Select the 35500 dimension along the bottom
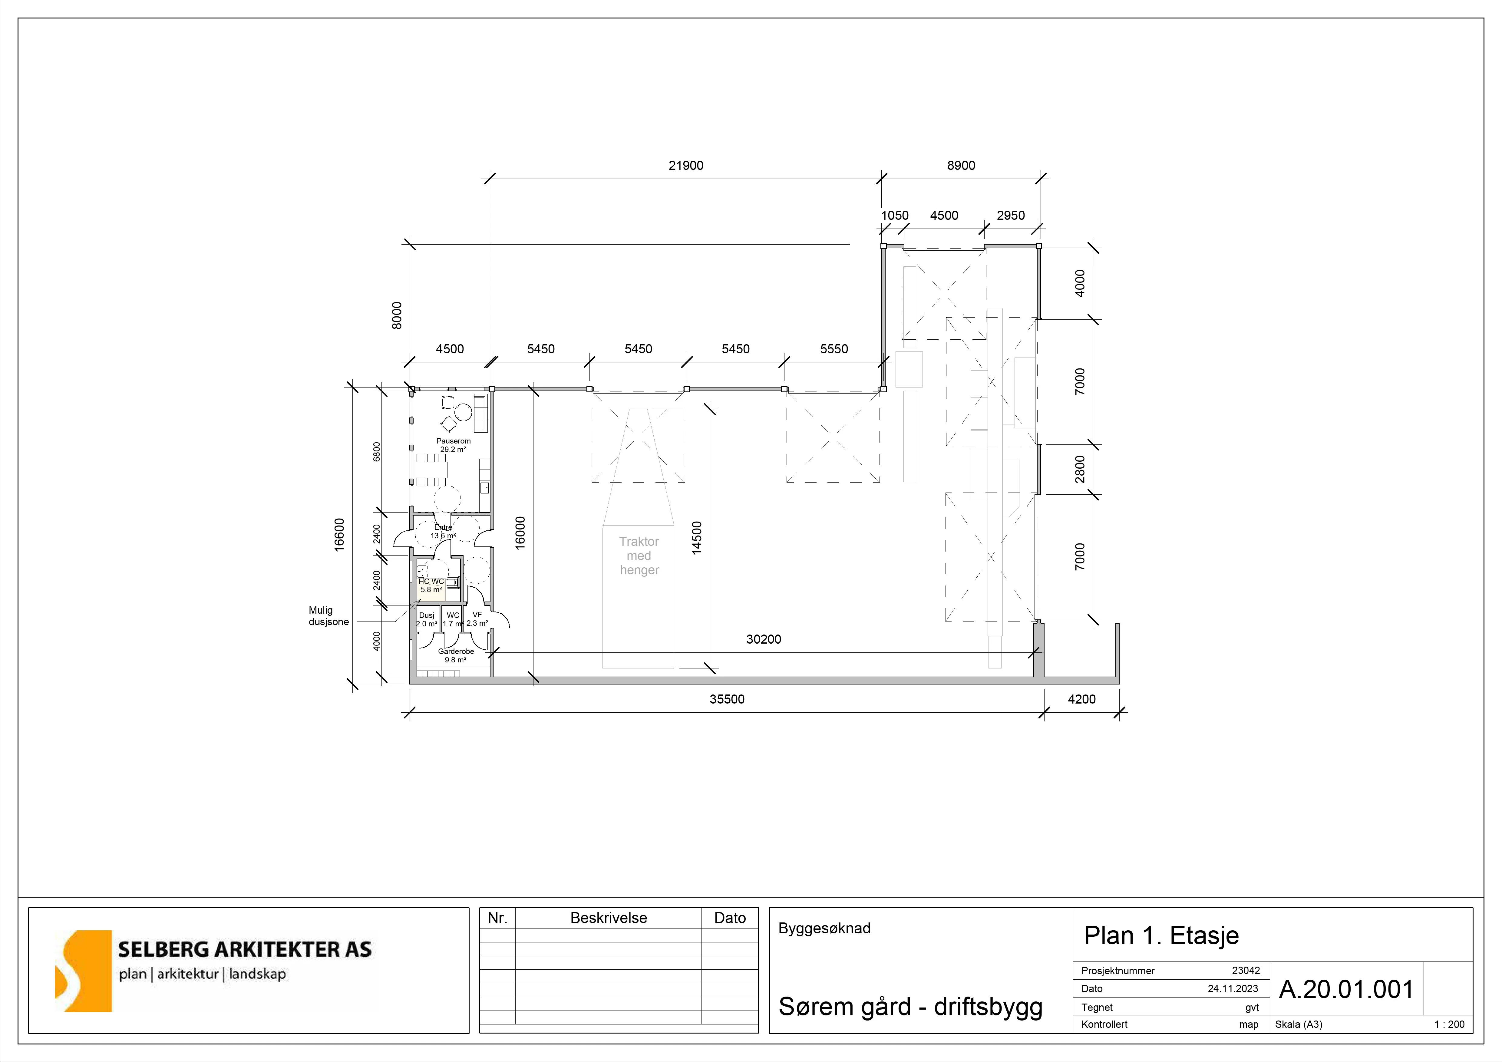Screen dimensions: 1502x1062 (727, 699)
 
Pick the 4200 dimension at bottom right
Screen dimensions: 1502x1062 (1081, 699)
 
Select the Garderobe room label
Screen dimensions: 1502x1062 (456, 651)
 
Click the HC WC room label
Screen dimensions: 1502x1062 (431, 581)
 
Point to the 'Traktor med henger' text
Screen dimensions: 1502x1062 (639, 556)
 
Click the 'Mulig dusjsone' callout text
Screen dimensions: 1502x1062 (328, 616)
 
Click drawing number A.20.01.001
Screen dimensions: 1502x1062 (1346, 989)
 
